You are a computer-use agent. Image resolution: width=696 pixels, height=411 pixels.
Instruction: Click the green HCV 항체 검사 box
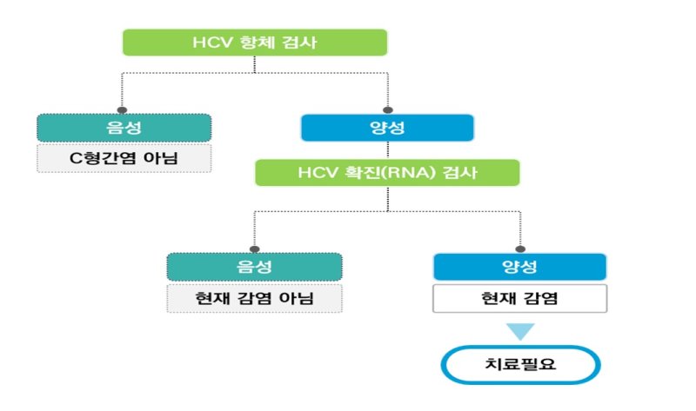click(x=254, y=43)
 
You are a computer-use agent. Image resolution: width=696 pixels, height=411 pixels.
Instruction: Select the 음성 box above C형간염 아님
click(x=124, y=128)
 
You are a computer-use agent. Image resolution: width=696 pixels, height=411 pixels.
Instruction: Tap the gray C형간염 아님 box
click(x=124, y=158)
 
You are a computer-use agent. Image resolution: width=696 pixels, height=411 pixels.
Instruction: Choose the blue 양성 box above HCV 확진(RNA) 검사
click(x=387, y=128)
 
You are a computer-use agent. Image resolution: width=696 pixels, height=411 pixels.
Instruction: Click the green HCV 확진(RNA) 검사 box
click(x=387, y=172)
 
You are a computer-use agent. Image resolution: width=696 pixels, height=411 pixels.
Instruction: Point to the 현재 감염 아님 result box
click(x=254, y=298)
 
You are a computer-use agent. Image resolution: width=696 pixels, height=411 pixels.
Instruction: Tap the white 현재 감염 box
click(x=519, y=298)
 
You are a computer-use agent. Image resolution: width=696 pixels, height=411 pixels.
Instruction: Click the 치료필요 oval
click(x=519, y=365)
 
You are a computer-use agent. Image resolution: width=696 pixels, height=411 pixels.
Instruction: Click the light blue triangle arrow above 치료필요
click(x=519, y=331)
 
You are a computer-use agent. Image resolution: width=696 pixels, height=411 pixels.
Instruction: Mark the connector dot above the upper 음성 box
click(x=124, y=109)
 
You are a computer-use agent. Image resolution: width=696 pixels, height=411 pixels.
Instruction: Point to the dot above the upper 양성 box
click(x=387, y=109)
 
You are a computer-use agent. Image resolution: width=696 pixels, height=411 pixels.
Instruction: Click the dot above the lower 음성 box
click(x=254, y=249)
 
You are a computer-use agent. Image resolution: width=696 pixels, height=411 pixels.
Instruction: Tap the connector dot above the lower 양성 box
click(x=519, y=249)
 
